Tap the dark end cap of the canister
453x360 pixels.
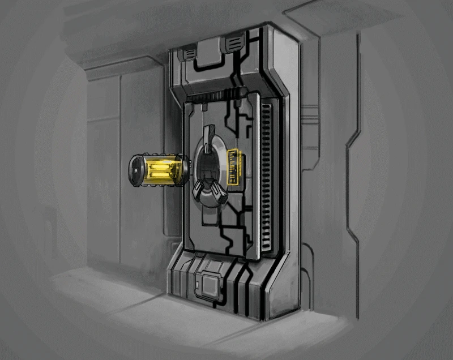click(x=136, y=171)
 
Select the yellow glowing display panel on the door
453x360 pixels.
click(x=234, y=167)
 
